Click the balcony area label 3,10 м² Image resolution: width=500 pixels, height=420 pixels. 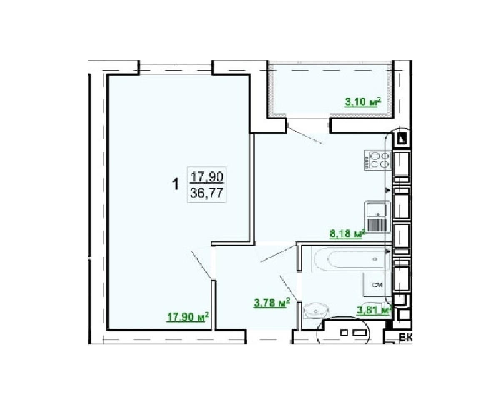(x=362, y=102)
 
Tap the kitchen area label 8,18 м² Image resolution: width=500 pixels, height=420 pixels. (x=347, y=234)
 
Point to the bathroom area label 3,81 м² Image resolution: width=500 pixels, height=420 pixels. (x=374, y=311)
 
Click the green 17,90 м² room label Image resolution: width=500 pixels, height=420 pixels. (x=188, y=317)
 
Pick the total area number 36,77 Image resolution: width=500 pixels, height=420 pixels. (x=207, y=193)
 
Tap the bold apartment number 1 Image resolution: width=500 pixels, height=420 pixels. (x=176, y=184)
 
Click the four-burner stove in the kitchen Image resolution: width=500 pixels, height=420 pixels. (x=377, y=160)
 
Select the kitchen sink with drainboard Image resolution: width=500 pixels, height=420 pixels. (x=377, y=217)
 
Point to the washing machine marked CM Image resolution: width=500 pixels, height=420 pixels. (x=377, y=285)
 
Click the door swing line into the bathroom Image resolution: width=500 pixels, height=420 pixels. (x=289, y=288)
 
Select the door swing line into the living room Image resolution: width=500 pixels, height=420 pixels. (x=201, y=265)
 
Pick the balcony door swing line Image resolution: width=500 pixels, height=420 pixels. (x=305, y=135)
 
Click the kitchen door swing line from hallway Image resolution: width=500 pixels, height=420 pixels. (x=278, y=253)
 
